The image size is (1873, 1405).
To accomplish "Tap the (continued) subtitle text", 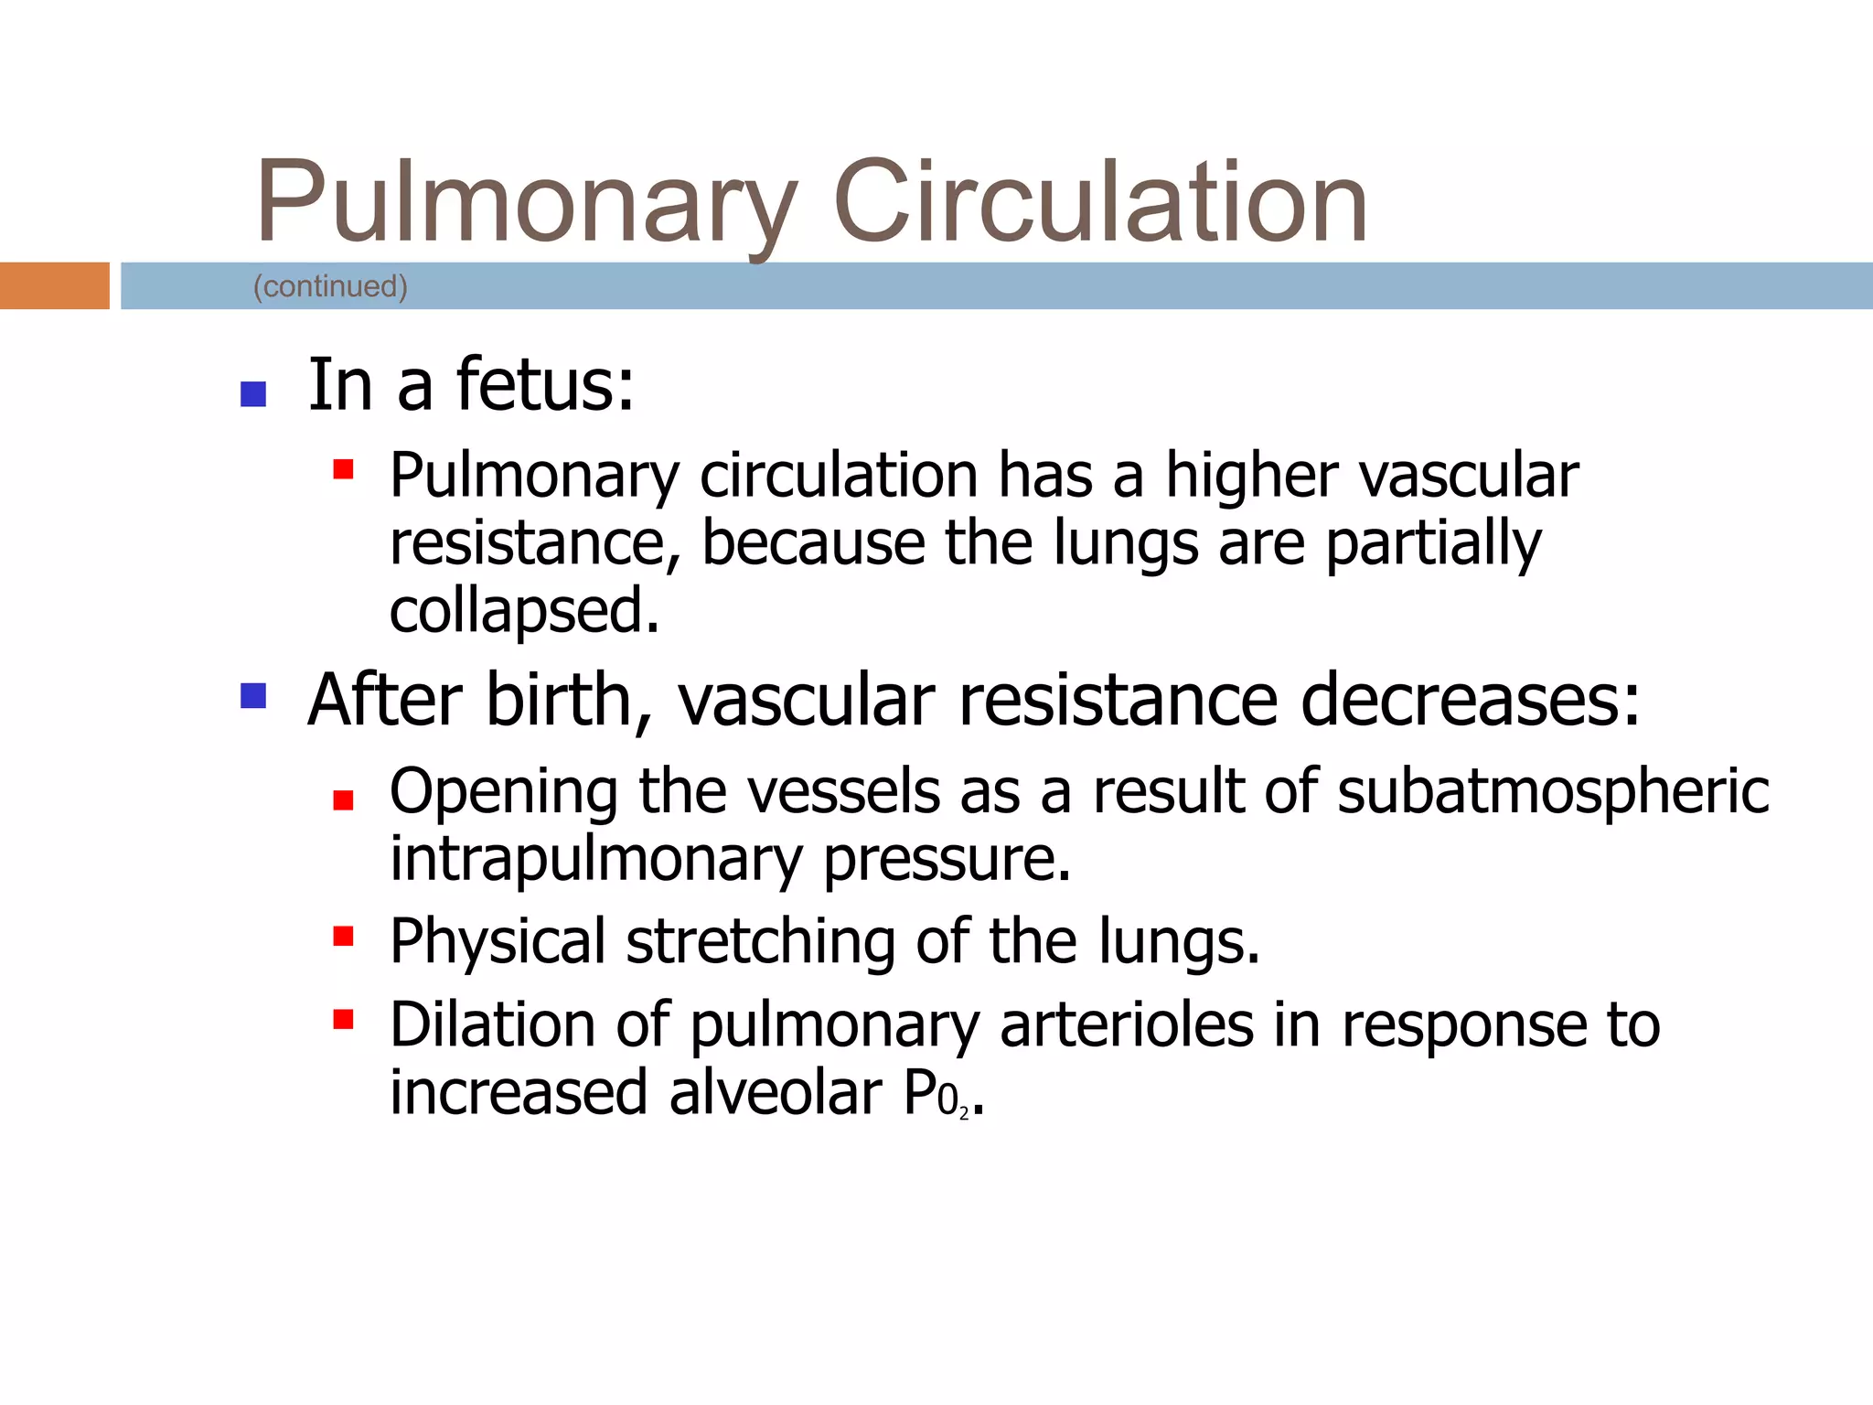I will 330,286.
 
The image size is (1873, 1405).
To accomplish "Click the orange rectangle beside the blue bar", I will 54,285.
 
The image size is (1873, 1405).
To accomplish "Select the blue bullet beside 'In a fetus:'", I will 252,394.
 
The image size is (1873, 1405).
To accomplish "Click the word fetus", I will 545,384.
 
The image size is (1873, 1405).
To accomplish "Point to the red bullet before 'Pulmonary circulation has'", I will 343,469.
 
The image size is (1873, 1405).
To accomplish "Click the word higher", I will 1252,476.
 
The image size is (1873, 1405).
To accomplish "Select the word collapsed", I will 523,611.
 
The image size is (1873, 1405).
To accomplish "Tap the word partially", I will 1433,543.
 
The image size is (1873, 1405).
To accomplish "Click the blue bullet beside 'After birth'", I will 252,696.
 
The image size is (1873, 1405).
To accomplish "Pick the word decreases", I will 1470,701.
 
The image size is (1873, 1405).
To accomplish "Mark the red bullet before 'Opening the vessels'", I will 343,801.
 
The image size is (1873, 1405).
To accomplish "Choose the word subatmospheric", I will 1553,792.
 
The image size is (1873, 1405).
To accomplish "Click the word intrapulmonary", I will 596,860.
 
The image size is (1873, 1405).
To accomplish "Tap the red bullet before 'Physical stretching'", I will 343,936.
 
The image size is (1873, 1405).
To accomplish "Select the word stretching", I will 760,942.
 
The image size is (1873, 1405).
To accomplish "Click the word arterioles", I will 1127,1024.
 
